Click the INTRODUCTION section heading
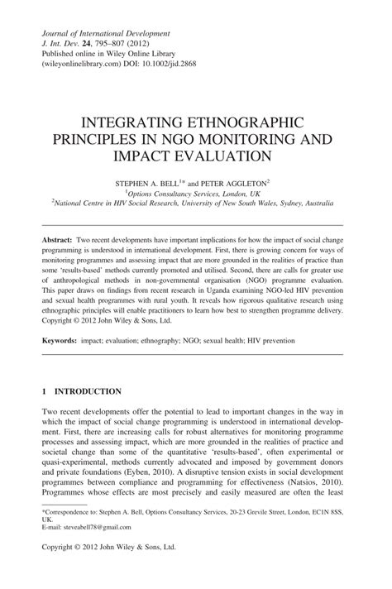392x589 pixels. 86,391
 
